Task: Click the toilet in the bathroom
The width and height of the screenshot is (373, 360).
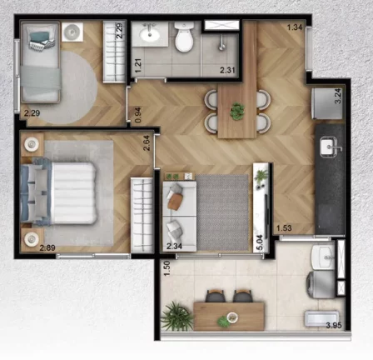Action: tap(185, 37)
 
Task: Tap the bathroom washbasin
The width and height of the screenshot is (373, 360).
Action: tap(152, 34)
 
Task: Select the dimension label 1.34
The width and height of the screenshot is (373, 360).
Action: tap(294, 28)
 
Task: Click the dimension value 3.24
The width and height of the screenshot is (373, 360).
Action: tap(337, 95)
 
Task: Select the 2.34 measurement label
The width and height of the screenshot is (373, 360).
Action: tap(174, 246)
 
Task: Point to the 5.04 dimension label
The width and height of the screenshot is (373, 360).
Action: tap(261, 242)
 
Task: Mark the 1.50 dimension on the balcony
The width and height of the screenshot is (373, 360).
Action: tap(167, 270)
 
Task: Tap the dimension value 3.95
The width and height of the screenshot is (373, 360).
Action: tap(334, 325)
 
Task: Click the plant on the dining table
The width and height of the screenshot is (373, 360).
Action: tap(238, 109)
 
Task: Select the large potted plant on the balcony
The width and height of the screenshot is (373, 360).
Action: tap(177, 316)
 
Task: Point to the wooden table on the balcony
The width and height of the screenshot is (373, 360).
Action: tap(228, 314)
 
